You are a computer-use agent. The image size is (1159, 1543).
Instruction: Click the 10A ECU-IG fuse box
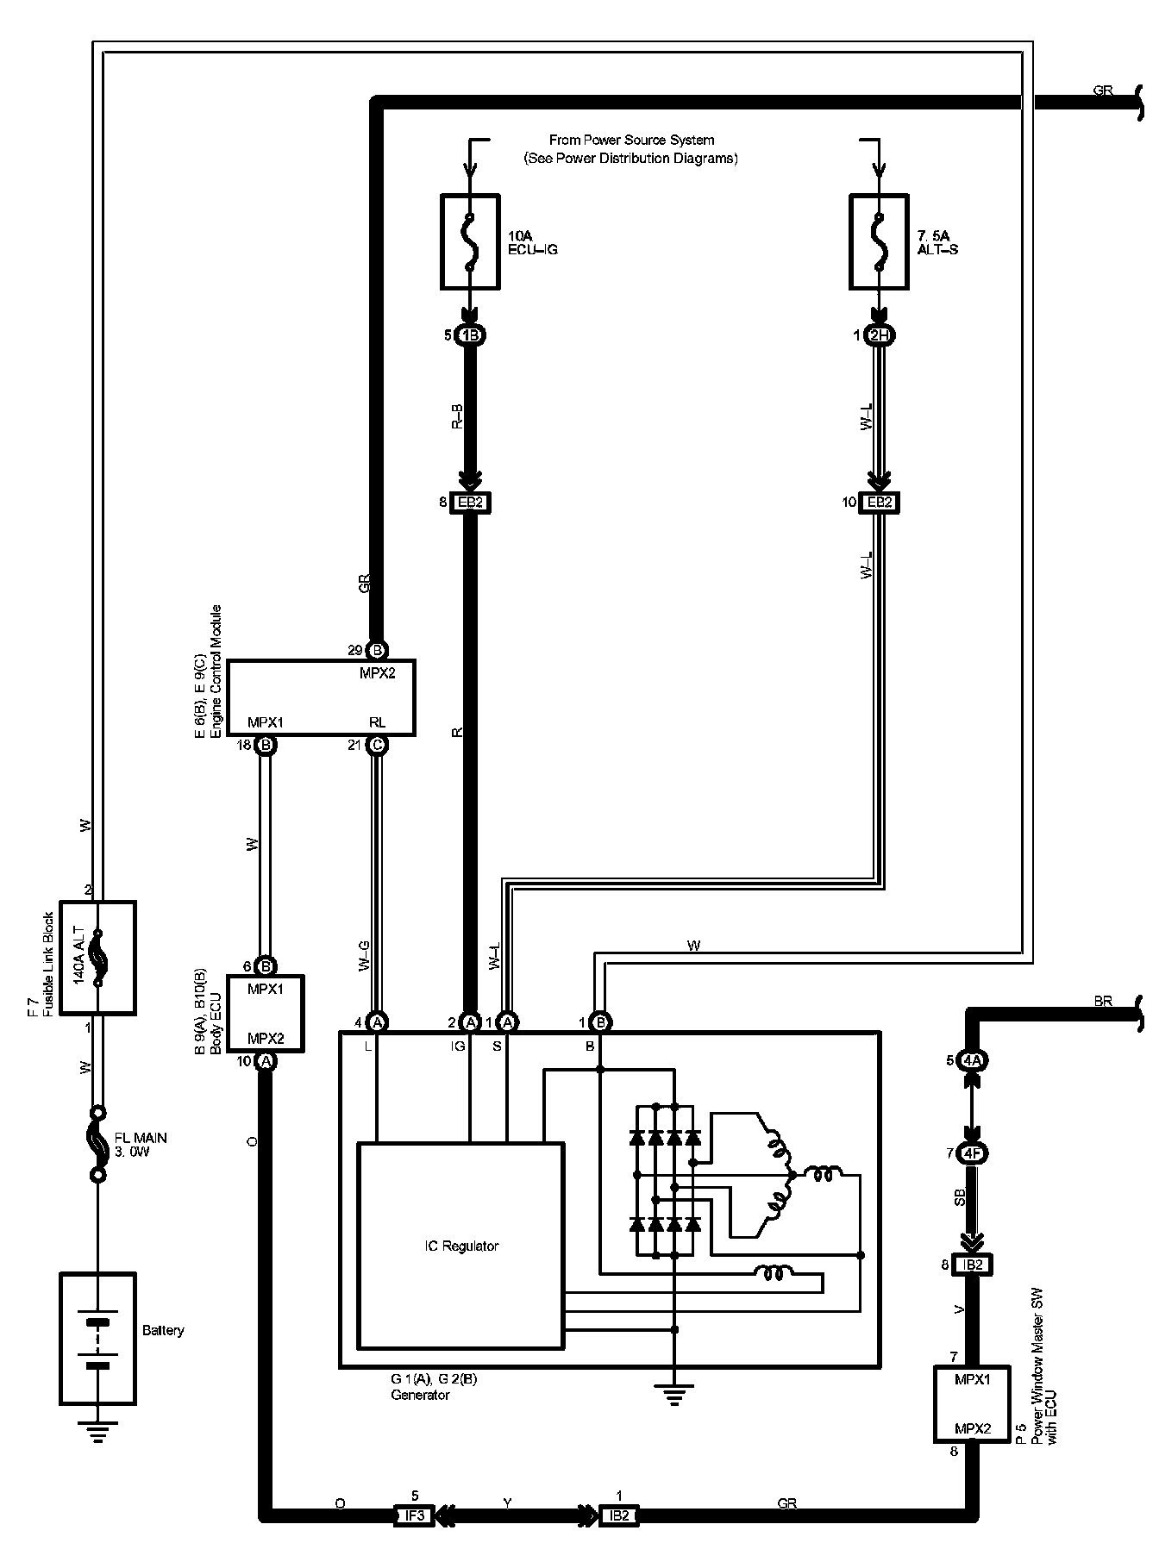click(x=470, y=241)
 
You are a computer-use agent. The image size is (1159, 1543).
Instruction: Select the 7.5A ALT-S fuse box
click(x=879, y=241)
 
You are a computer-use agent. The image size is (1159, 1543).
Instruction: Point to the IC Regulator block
click(x=460, y=1246)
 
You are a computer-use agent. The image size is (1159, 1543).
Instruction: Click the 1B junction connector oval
click(x=470, y=335)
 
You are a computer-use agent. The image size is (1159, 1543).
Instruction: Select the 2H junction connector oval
click(x=879, y=335)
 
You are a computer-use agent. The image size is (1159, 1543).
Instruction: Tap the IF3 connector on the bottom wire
click(x=414, y=1515)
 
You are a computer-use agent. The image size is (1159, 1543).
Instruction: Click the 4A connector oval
click(x=973, y=1060)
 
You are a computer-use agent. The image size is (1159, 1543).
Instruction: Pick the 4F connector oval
click(x=973, y=1153)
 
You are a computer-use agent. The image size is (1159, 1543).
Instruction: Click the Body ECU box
click(x=266, y=1013)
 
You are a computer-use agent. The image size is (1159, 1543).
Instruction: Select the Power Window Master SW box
click(x=972, y=1403)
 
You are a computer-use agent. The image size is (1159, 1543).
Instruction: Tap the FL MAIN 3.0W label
click(x=141, y=1145)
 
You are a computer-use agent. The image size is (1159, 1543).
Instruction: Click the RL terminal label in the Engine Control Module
click(x=377, y=722)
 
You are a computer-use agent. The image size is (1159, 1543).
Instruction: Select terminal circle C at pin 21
click(x=377, y=745)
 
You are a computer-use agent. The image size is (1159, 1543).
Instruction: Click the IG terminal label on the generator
click(x=457, y=1046)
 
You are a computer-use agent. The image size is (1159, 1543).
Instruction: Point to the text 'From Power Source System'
click(x=631, y=140)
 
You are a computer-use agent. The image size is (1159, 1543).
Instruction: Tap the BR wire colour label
click(x=1103, y=1002)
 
